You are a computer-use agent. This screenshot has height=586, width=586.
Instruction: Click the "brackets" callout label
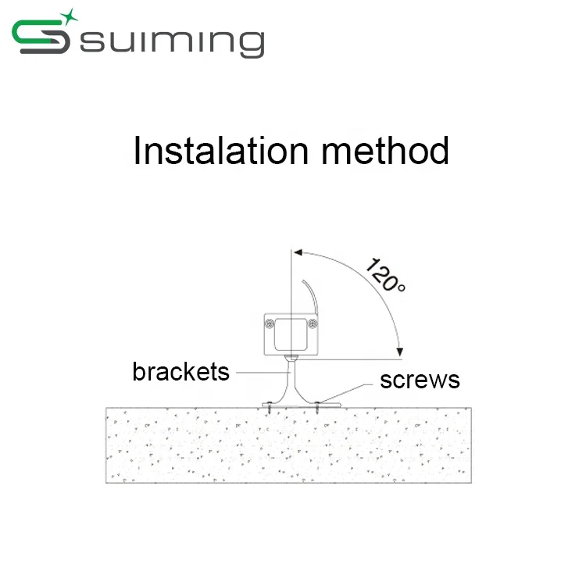pos(180,371)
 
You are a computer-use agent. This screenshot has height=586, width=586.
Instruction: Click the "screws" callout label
pos(420,381)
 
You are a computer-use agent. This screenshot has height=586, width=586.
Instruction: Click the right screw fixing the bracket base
pos(319,406)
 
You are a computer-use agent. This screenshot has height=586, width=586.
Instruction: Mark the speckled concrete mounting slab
pos(289,445)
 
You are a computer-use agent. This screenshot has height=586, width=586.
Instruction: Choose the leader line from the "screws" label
pos(352,391)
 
